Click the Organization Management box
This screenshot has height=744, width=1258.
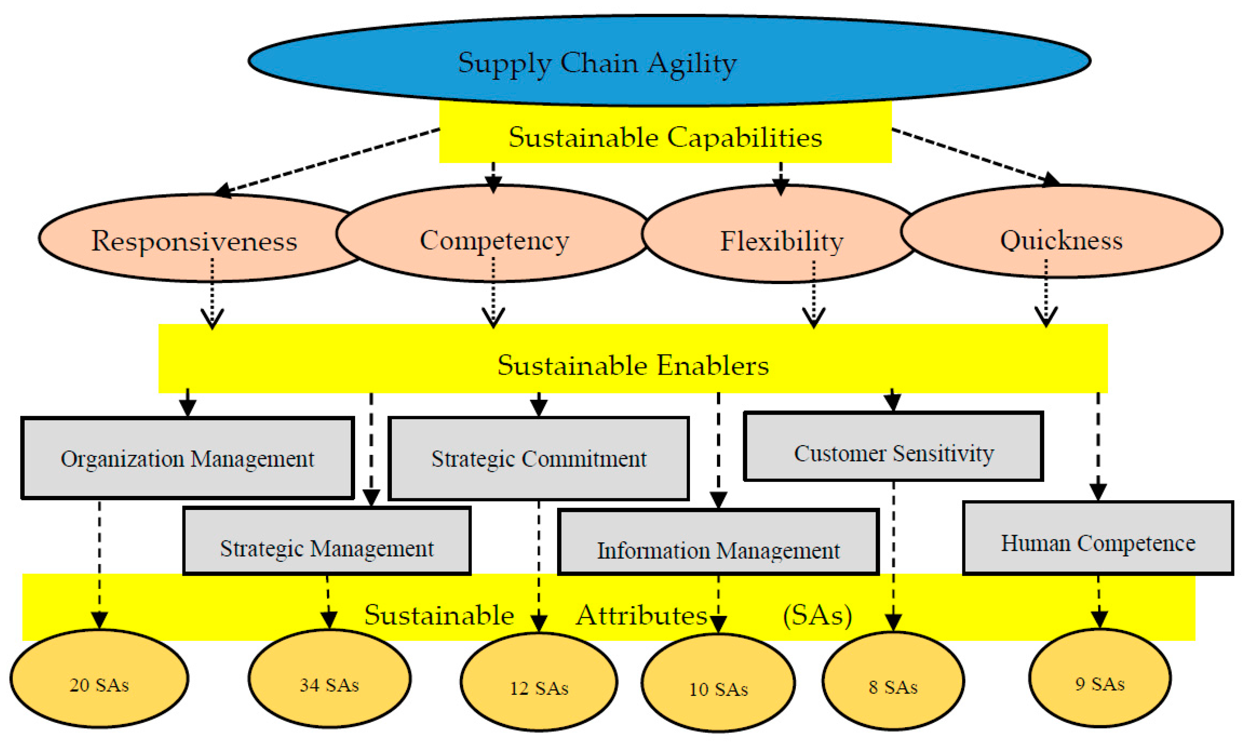(188, 459)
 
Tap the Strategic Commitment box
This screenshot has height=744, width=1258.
(539, 459)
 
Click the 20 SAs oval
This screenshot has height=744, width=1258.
(99, 684)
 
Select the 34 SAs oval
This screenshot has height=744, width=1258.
(329, 684)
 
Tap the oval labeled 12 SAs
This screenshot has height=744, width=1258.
(539, 688)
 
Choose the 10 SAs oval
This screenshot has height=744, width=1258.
(718, 689)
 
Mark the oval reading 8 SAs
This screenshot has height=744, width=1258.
(893, 687)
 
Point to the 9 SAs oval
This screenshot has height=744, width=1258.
(1100, 683)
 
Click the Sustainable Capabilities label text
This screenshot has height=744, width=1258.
(665, 138)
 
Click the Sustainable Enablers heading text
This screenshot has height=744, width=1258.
(633, 365)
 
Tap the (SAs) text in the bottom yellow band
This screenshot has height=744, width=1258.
(817, 615)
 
